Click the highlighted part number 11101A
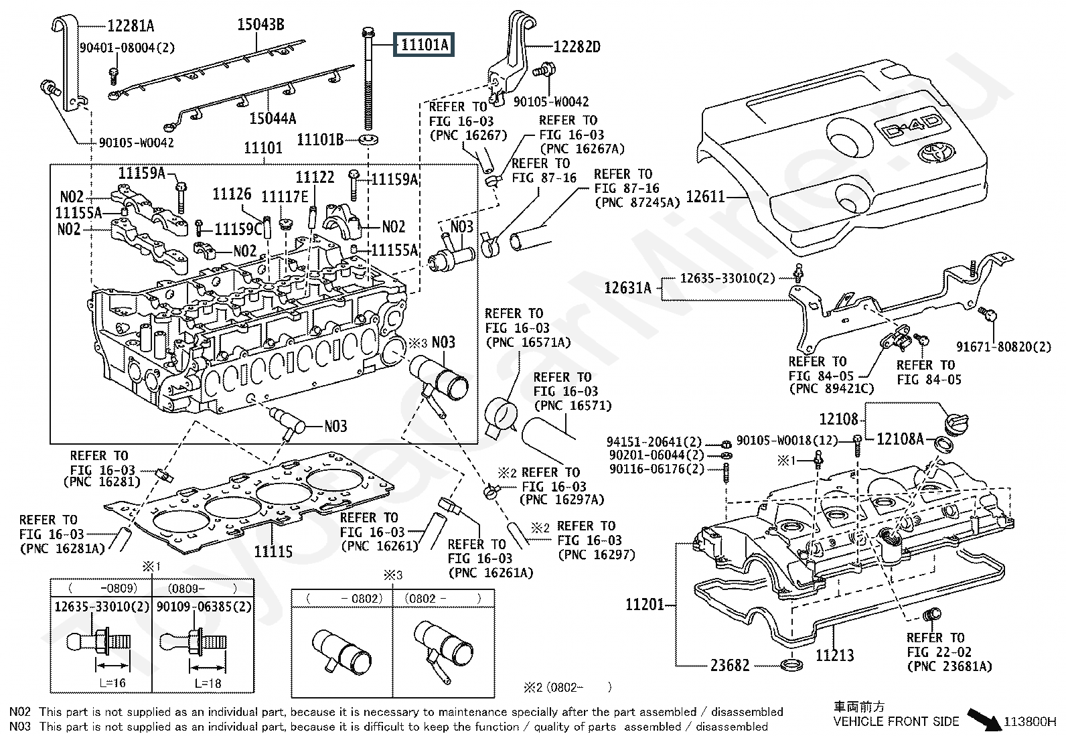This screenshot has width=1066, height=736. click(x=424, y=45)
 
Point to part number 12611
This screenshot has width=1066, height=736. click(x=706, y=197)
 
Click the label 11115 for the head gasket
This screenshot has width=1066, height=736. click(x=273, y=551)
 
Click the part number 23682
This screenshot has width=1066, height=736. click(x=730, y=665)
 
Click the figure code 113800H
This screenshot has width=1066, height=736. click(x=1029, y=722)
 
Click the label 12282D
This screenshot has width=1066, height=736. click(x=577, y=47)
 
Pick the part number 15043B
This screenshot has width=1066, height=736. click(x=260, y=25)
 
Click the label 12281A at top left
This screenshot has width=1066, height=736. click(x=131, y=26)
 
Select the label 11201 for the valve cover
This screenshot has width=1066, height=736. click(x=645, y=604)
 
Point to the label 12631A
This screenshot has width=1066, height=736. click(x=627, y=288)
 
